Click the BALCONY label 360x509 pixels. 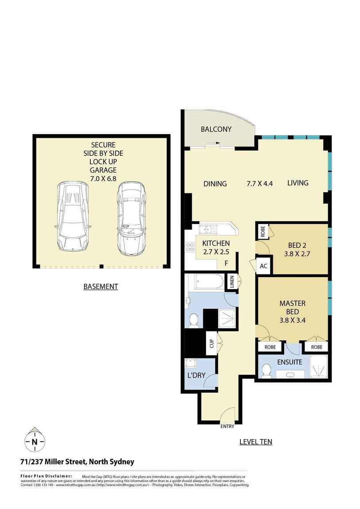click(x=216, y=129)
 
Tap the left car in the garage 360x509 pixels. click(x=73, y=216)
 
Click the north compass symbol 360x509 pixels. click(x=34, y=441)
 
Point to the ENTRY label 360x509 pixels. click(x=227, y=427)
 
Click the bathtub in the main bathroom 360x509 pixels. click(x=209, y=282)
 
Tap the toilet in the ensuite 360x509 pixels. click(x=267, y=370)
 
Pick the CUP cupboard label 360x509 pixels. click(x=211, y=343)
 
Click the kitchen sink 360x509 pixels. click(x=206, y=229)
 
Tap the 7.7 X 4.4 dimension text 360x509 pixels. click(x=259, y=183)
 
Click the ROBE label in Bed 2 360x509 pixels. click(x=262, y=230)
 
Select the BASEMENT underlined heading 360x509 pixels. click(x=101, y=286)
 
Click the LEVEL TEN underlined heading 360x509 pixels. click(x=255, y=441)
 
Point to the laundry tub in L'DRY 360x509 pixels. click(x=191, y=363)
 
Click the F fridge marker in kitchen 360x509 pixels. click(x=226, y=263)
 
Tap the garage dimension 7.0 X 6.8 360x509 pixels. click(x=103, y=178)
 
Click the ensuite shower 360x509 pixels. click(x=318, y=367)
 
